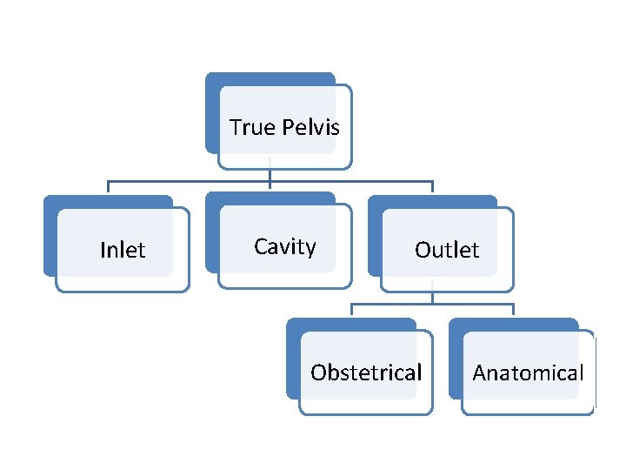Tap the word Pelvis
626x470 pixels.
(x=310, y=128)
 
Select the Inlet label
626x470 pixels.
(x=123, y=251)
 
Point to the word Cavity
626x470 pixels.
(x=284, y=247)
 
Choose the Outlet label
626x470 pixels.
(x=447, y=251)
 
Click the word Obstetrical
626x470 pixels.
(x=366, y=373)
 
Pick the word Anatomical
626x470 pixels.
(x=528, y=373)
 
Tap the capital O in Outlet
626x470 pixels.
(x=423, y=251)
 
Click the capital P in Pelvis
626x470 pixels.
(x=288, y=128)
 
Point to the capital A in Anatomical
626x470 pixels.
(x=480, y=373)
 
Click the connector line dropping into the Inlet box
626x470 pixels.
(x=108, y=188)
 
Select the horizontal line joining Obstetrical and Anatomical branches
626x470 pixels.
(x=432, y=305)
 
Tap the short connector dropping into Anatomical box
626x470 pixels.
(x=513, y=311)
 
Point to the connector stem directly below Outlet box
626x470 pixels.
(x=432, y=297)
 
